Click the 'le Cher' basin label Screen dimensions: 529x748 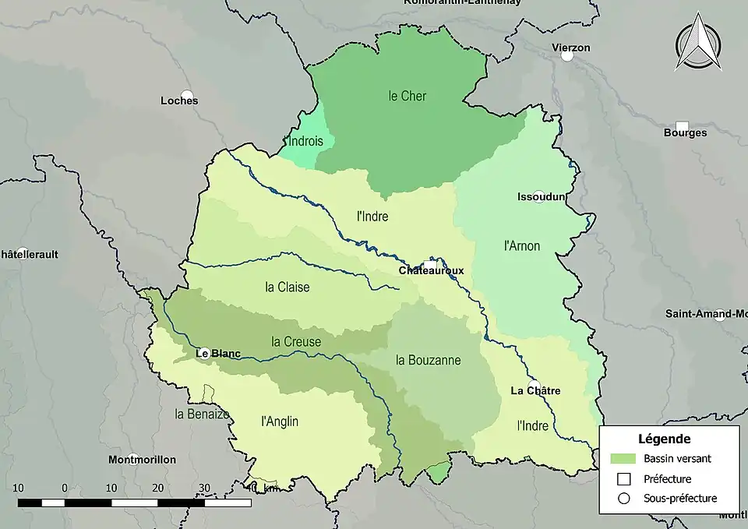pos(408,96)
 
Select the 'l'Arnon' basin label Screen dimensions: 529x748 pos(522,246)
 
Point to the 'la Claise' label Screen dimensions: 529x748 pos(288,287)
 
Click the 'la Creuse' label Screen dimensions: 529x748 pos(296,341)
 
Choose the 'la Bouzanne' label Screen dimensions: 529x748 pos(429,360)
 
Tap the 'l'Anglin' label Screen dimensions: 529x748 pos(280,421)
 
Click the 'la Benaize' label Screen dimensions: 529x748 pos(202,414)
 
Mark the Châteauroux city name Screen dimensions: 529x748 pos(431,270)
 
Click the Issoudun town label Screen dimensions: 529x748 pos(540,196)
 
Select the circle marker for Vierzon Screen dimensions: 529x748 pos(567,55)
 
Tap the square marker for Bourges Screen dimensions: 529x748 pos(682,126)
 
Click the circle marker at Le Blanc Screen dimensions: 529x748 pos(205,352)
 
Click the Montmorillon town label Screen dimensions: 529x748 pos(142,459)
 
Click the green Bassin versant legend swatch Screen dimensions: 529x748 pos(623,458)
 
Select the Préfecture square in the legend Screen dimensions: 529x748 pos(623,478)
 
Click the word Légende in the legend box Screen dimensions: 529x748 pos(664,439)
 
